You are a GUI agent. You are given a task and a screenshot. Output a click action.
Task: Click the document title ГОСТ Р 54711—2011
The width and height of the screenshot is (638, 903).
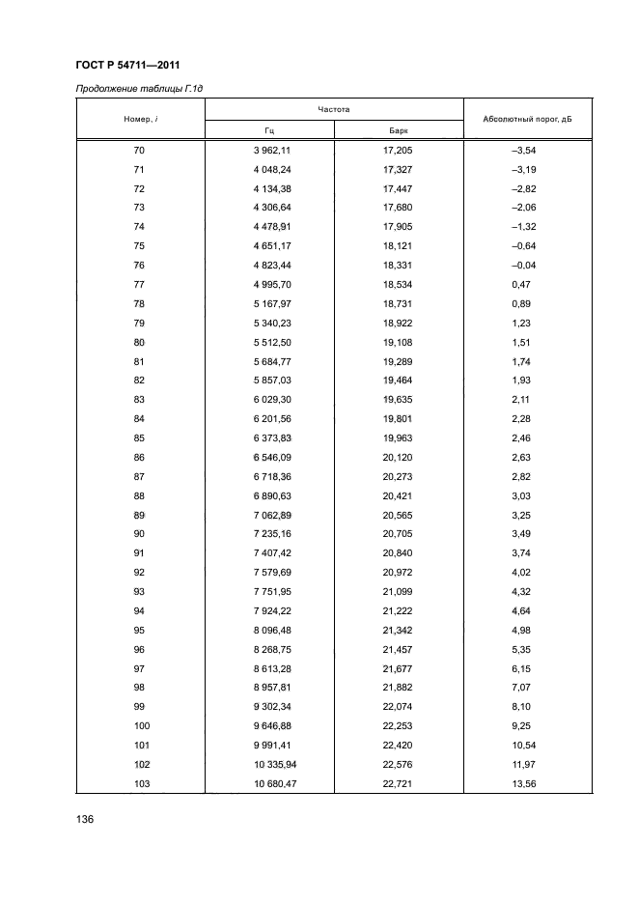tap(130, 65)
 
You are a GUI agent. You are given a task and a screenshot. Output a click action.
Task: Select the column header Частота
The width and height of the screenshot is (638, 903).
tap(333, 110)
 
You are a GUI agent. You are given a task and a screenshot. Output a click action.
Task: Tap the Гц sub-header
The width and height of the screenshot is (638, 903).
tap(270, 130)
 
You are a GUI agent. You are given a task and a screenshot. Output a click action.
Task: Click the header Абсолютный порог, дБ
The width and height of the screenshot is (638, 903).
tap(527, 120)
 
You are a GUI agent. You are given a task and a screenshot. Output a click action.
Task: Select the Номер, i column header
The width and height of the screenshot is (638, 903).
tap(139, 120)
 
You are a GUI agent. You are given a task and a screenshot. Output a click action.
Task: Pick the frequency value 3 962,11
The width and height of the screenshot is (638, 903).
tap(270, 151)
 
